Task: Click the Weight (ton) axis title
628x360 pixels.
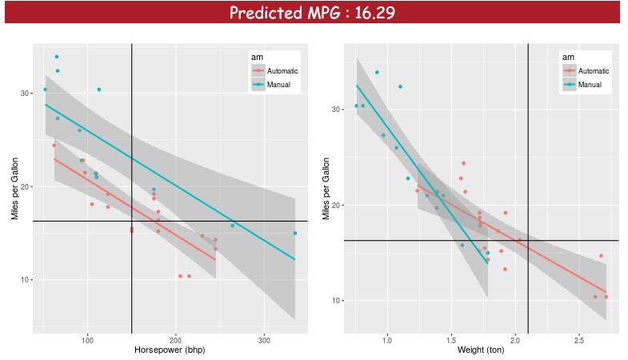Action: [x=481, y=350]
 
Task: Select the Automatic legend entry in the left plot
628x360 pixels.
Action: [x=278, y=70]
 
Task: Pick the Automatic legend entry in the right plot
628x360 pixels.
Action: [x=593, y=70]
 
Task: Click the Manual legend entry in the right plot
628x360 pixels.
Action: [x=590, y=84]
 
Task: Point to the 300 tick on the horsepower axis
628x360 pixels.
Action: [x=264, y=339]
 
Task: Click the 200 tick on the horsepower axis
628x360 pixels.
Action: [x=176, y=339]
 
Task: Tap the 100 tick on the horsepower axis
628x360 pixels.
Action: [x=87, y=339]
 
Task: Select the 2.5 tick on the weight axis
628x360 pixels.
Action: [x=578, y=339]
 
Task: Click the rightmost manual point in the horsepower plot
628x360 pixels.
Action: [x=294, y=234]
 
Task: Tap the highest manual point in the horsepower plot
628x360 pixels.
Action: [x=57, y=57]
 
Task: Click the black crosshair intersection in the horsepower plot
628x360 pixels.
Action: [x=131, y=220]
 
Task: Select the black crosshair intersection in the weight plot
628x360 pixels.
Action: [x=528, y=240]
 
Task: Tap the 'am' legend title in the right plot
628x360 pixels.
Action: [x=567, y=57]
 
